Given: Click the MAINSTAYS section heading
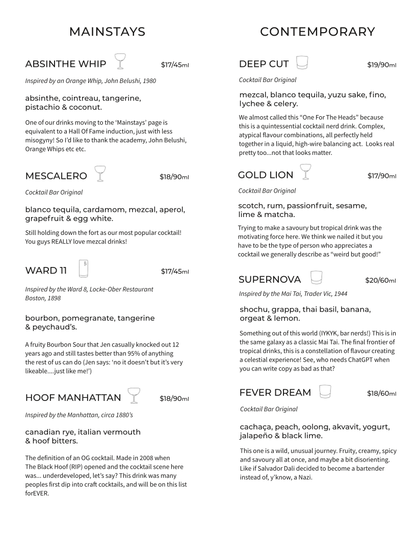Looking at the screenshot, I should point(107,32).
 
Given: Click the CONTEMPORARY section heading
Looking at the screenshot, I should point(317,32).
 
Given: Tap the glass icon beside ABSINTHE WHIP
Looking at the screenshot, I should point(120,61).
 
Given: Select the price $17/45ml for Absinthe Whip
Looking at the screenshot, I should point(175,65).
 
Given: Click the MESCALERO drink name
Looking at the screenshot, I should point(56,176).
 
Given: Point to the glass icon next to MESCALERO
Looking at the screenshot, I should point(99,174).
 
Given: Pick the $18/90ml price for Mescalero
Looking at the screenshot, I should point(174,177).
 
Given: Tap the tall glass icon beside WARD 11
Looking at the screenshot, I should point(84,268).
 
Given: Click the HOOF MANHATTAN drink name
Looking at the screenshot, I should point(73,398).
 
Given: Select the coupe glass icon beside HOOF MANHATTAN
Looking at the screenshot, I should point(134,395).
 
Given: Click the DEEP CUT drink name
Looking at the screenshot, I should point(264,64).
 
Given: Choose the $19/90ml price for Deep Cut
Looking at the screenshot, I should point(381,65).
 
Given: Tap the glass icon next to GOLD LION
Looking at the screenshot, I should point(305,172).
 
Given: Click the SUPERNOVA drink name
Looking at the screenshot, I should point(270,280).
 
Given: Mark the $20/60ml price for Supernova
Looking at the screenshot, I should point(380,280).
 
